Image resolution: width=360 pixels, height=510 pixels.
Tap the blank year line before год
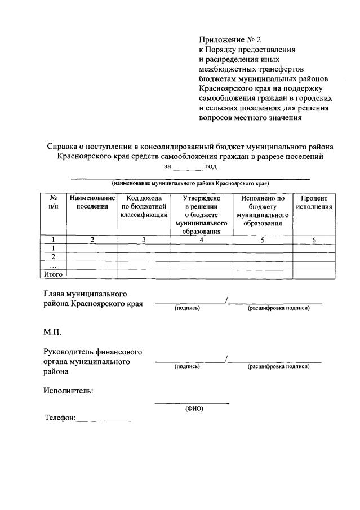[x=188, y=167]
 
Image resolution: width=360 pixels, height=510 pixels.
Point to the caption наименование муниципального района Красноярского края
[x=190, y=183]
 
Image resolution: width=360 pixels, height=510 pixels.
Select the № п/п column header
[x=53, y=202]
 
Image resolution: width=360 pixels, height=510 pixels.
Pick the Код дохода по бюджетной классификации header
[x=144, y=206]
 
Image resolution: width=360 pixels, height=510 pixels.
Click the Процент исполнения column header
[x=314, y=202]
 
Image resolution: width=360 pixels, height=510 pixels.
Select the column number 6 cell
[x=314, y=240]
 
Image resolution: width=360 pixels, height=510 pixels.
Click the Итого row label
[x=53, y=274]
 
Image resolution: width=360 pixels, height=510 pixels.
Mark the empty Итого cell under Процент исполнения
[x=314, y=274]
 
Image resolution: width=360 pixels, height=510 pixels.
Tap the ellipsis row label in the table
[x=53, y=266]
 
